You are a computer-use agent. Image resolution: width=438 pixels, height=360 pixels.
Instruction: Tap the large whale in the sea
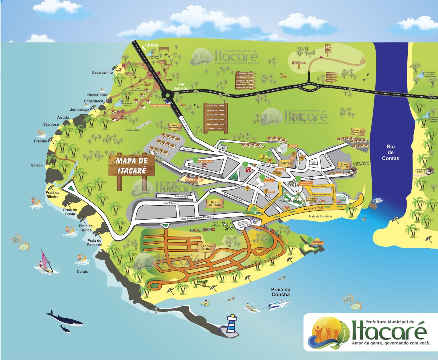click(x=66, y=320)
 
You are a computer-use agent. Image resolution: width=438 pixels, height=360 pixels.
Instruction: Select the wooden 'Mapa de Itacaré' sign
click(x=131, y=166)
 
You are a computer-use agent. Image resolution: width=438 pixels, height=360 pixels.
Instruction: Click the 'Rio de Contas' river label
click(x=390, y=152)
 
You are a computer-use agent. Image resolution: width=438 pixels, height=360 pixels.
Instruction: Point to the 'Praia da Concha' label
click(x=281, y=292)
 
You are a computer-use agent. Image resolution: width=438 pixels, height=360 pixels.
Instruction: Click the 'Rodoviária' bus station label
click(x=205, y=162)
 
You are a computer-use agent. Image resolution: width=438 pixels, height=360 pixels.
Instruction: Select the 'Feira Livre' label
click(x=194, y=180)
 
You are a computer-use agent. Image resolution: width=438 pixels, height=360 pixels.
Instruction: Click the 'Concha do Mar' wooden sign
click(x=206, y=247)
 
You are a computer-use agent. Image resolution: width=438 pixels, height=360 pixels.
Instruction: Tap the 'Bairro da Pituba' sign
click(x=215, y=204)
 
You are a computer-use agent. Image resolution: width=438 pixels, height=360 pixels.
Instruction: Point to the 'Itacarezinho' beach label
click(x=102, y=73)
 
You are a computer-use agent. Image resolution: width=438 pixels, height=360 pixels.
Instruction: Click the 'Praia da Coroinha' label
click(x=320, y=216)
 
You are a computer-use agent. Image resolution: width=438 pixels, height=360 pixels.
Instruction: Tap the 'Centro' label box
click(x=286, y=163)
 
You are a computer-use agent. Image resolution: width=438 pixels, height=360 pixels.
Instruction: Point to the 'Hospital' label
click(x=292, y=146)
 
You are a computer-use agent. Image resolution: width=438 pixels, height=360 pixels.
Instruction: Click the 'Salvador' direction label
click(x=181, y=88)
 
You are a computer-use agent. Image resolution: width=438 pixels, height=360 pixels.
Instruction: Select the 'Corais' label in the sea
click(x=82, y=272)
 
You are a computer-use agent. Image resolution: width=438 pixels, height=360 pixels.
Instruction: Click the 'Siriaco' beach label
click(x=37, y=165)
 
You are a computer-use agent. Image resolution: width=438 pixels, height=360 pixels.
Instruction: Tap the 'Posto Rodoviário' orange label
click(x=160, y=106)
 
